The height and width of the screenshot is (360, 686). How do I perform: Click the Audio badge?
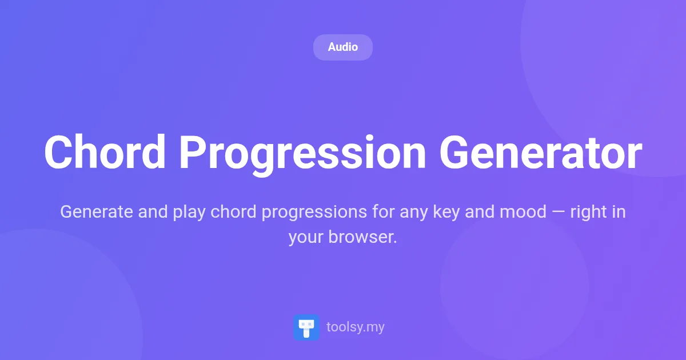343,47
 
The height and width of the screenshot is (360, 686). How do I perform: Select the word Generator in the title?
540,153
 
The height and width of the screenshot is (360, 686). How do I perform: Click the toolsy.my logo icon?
306,327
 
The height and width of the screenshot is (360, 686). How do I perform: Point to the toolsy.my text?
355,327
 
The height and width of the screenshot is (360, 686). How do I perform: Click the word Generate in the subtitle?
97,212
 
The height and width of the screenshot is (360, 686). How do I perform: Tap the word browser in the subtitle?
362,237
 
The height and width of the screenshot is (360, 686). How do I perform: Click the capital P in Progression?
193,153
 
